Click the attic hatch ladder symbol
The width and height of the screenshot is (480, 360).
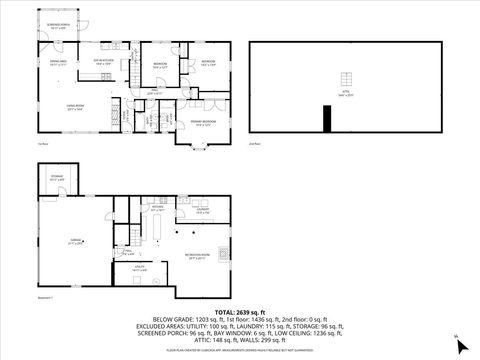[x=346, y=80]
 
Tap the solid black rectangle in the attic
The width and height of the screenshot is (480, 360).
[x=326, y=119]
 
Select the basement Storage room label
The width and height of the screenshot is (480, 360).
[x=57, y=179]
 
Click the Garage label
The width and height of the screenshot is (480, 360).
[x=76, y=241]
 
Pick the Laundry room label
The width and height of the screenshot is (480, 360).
[x=202, y=210]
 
